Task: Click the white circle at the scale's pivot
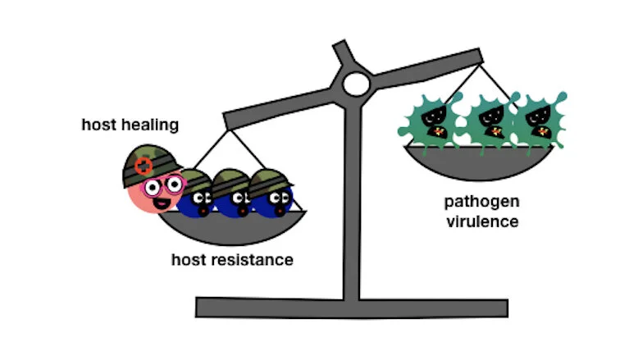pos(357,83)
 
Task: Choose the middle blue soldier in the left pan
pos(233,195)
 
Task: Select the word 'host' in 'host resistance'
pos(189,260)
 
